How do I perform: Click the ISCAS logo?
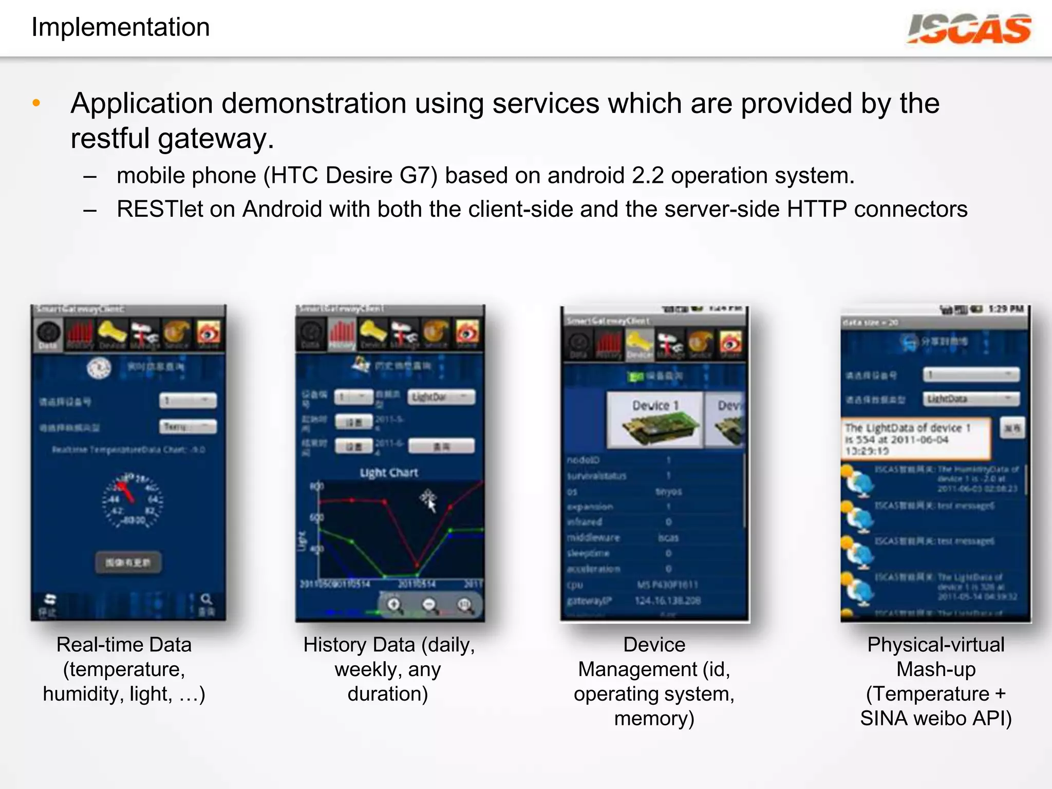pyautogui.click(x=969, y=29)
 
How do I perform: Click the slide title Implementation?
pyautogui.click(x=121, y=27)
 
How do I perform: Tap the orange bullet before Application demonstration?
pyautogui.click(x=36, y=103)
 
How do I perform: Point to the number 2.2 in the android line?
pyautogui.click(x=647, y=176)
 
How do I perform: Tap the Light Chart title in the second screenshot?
pyautogui.click(x=389, y=473)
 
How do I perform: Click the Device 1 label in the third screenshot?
pyautogui.click(x=655, y=405)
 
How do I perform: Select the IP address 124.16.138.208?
pyautogui.click(x=667, y=600)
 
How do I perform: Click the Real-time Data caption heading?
pyautogui.click(x=124, y=645)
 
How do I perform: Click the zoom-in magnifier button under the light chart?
pyautogui.click(x=394, y=605)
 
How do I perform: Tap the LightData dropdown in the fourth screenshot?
pyautogui.click(x=970, y=399)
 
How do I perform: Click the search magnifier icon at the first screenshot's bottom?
pyautogui.click(x=206, y=599)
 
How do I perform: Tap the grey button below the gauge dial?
pyautogui.click(x=128, y=562)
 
